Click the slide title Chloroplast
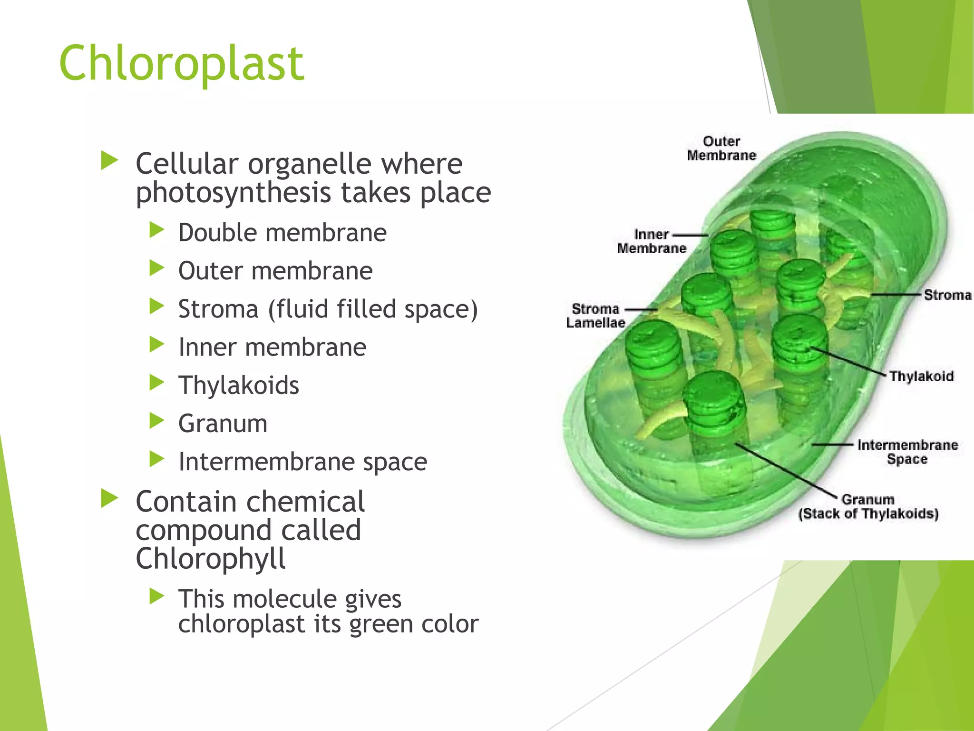[181, 63]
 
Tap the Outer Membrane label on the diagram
[721, 148]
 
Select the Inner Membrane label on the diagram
[651, 241]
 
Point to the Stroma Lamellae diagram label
[595, 316]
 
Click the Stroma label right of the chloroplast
[947, 295]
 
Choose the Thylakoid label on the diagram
[921, 376]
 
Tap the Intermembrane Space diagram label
[907, 452]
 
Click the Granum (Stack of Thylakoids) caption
[868, 507]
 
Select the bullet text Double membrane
[282, 233]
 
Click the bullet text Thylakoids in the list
[238, 385]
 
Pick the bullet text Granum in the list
[223, 423]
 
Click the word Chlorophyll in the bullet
[210, 559]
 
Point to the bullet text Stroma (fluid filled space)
[328, 309]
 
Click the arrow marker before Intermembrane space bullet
[156, 459]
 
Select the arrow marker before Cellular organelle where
[109, 161]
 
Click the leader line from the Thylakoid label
[849, 362]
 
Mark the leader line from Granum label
[785, 469]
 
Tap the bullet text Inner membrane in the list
[272, 347]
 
